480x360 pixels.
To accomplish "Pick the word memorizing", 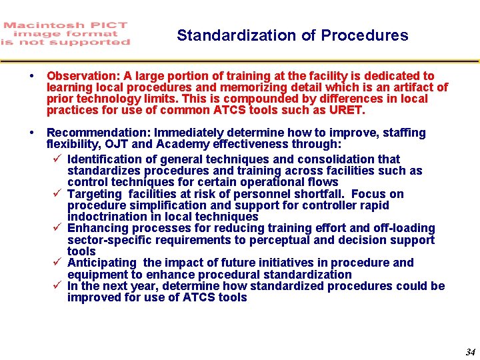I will (x=220, y=87).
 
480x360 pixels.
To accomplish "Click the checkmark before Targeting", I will (x=57, y=194).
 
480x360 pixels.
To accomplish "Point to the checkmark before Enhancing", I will (x=57, y=228).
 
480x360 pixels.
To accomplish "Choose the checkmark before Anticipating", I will (x=57, y=263).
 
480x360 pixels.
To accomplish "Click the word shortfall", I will (x=323, y=194).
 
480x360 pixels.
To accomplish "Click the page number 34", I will (x=470, y=352).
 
